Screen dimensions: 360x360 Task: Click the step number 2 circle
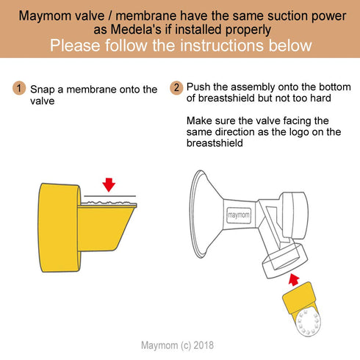176,88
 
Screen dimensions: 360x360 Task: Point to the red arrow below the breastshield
294,279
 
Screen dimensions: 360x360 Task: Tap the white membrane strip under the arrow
110,200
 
